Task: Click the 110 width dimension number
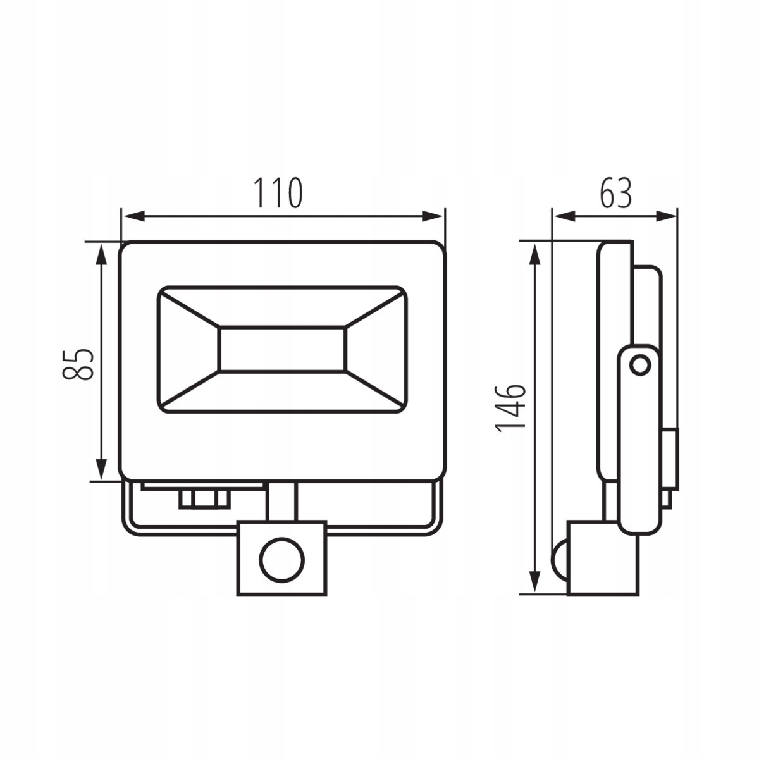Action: tap(278, 193)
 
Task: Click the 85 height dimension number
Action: tap(78, 364)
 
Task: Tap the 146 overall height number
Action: tap(511, 408)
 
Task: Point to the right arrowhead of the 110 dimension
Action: tap(433, 216)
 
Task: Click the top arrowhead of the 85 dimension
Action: tap(102, 255)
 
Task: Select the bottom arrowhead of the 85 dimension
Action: tap(102, 469)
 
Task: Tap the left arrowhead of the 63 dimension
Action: tap(564, 216)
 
